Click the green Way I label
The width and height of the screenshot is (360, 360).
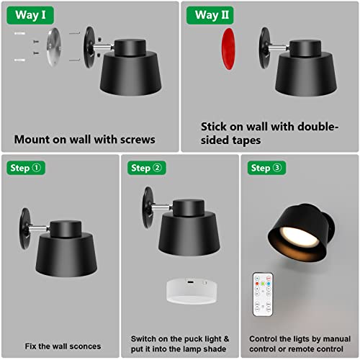pos(32,15)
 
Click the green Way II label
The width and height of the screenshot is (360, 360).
pos(212,15)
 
